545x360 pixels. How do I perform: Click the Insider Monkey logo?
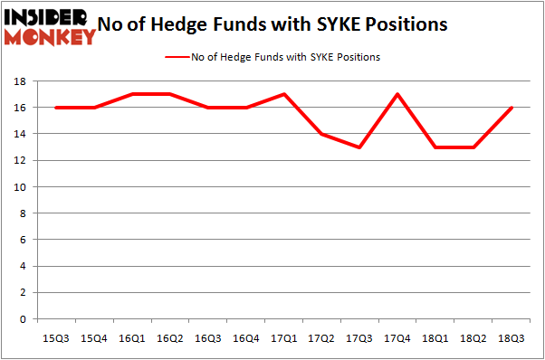[x=51, y=26]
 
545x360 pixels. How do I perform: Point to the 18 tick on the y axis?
[x=18, y=81]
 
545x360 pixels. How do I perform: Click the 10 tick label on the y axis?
[x=18, y=187]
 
